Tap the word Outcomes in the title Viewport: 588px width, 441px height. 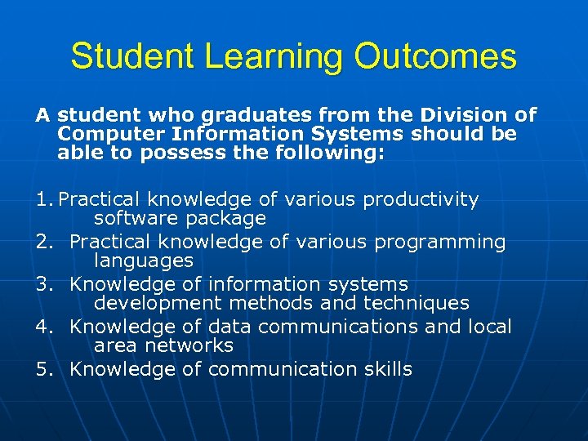(435, 57)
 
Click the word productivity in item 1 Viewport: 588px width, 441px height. (421, 199)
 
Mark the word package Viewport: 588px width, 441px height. (226, 218)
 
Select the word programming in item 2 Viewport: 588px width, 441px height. (444, 242)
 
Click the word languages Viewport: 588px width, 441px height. (144, 261)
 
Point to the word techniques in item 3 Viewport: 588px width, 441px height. (415, 303)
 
